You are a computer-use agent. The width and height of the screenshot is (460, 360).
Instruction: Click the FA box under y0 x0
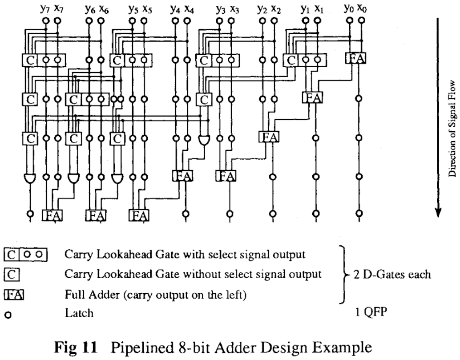[355, 58]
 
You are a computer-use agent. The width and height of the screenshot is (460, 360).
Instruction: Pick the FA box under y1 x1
[312, 97]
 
